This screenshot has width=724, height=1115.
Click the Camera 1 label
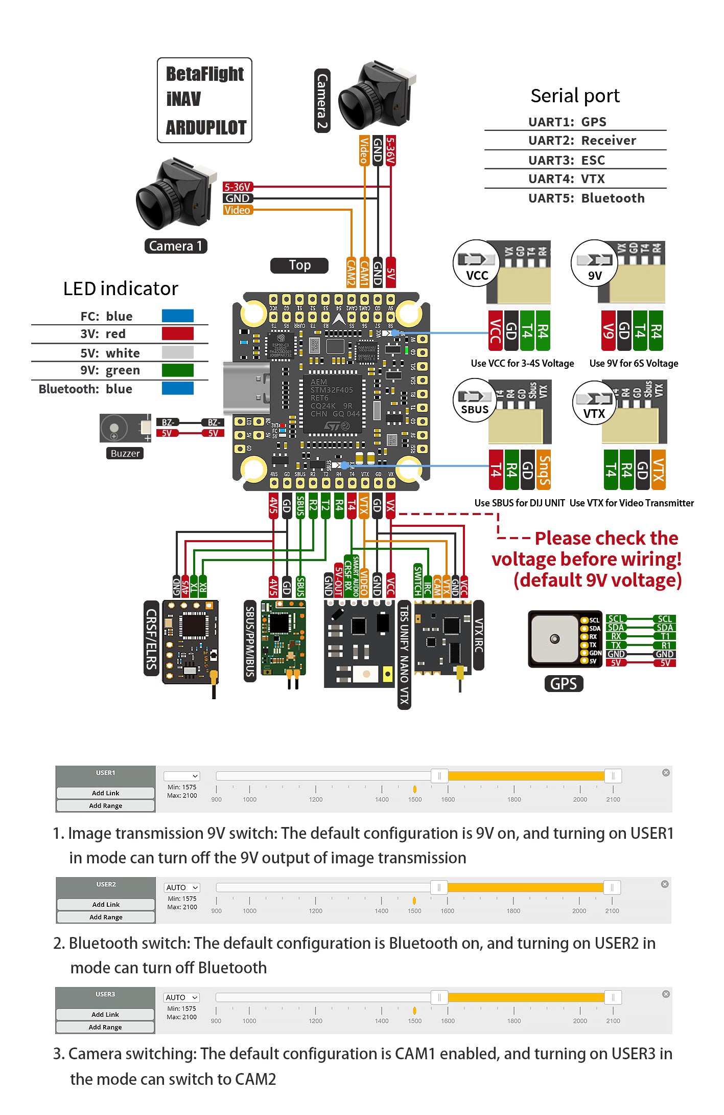point(176,246)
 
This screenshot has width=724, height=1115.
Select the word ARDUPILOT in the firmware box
point(206,127)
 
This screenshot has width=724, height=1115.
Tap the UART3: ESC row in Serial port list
point(567,160)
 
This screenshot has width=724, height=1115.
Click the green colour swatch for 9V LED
point(177,370)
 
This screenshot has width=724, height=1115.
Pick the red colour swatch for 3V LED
point(177,333)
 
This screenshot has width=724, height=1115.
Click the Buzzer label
point(125,453)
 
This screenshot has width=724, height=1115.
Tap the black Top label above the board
point(299,265)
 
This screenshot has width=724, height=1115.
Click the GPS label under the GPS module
point(564,683)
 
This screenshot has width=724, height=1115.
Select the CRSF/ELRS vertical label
point(151,638)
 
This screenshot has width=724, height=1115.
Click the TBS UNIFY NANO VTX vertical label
point(404,655)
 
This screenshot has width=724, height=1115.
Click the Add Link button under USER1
point(106,793)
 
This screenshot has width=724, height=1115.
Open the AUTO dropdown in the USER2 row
point(182,887)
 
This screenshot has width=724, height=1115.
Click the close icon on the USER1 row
point(666,772)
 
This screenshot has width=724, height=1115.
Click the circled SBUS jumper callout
point(475,400)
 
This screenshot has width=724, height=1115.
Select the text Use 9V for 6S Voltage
point(634,363)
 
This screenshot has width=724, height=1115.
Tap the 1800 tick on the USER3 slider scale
point(514,1020)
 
